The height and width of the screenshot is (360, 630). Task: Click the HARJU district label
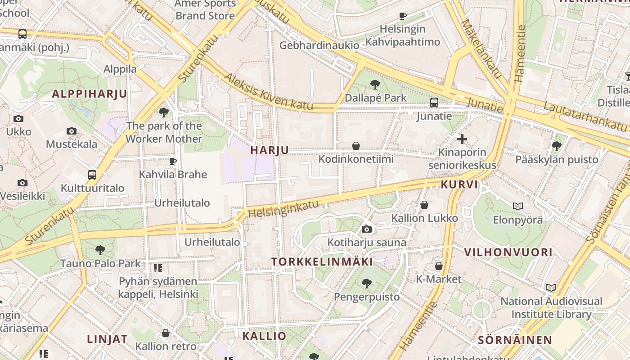coord(270,150)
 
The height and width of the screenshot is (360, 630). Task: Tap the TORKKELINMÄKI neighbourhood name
coord(322,262)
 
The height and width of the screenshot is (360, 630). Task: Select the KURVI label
coord(459,184)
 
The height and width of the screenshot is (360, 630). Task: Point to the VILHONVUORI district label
coord(508,252)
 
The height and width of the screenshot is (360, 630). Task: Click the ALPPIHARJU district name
coord(90,94)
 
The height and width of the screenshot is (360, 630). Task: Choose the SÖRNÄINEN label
coord(515,340)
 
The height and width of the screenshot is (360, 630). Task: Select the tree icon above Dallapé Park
coord(375,85)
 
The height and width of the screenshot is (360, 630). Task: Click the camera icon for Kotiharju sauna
coord(367,229)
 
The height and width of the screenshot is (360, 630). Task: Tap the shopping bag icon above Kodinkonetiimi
coord(356,146)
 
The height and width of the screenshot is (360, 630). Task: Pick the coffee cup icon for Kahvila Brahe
coord(173,161)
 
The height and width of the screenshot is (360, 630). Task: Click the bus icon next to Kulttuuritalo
coord(92,175)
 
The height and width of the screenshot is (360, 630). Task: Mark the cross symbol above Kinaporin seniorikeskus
coord(462,139)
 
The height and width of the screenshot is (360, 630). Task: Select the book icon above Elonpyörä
coord(518,206)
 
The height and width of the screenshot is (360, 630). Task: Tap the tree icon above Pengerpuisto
coord(367,283)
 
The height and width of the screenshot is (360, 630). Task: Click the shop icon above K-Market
coord(439,266)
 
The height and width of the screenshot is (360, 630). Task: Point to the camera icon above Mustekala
coord(72,131)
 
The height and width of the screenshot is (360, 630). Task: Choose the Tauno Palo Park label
coord(100,263)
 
